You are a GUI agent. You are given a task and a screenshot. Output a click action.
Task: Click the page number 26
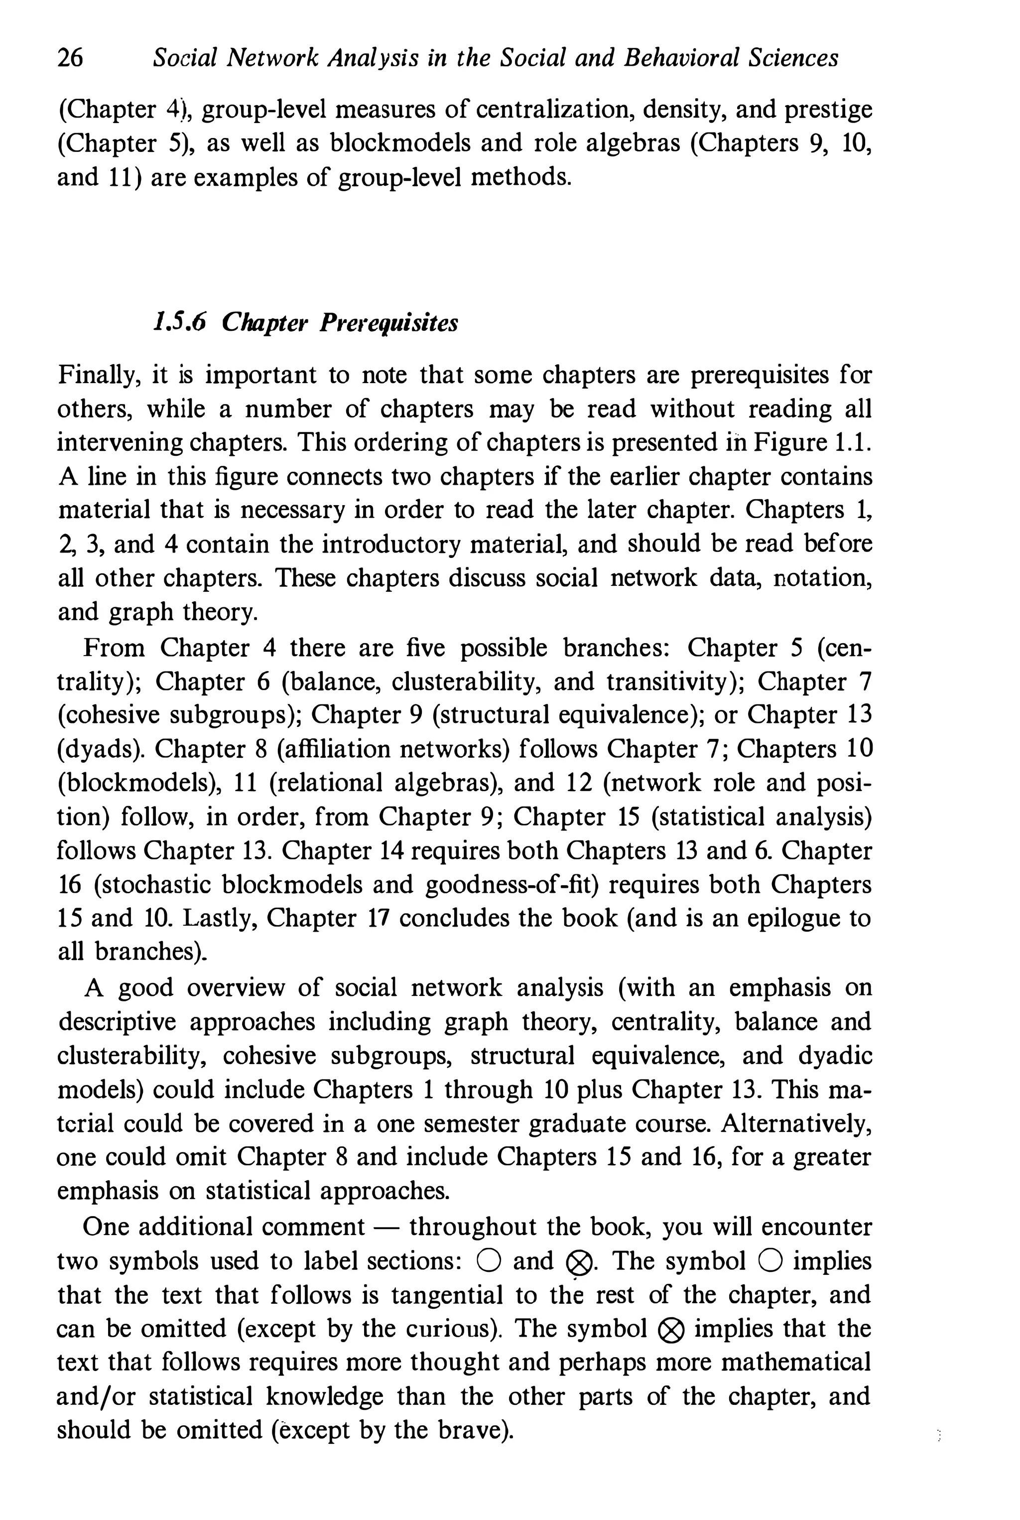[x=70, y=59]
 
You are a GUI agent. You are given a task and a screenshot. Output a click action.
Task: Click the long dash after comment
[x=386, y=1227]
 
